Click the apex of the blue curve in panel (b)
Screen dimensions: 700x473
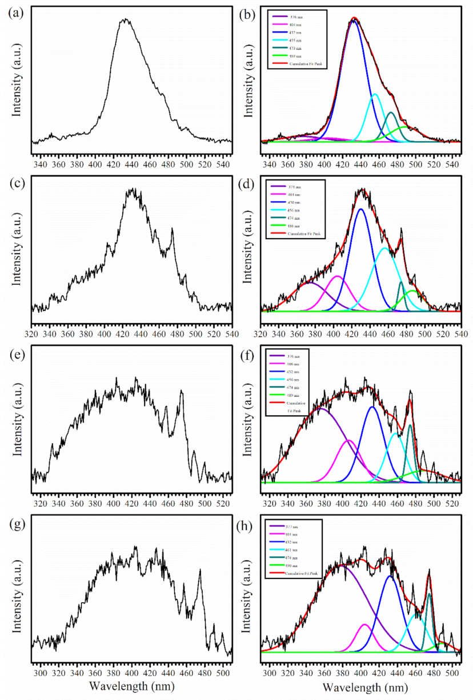tap(354, 21)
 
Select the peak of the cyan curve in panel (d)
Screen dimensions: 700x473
tap(384, 248)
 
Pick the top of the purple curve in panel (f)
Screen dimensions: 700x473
tap(321, 408)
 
